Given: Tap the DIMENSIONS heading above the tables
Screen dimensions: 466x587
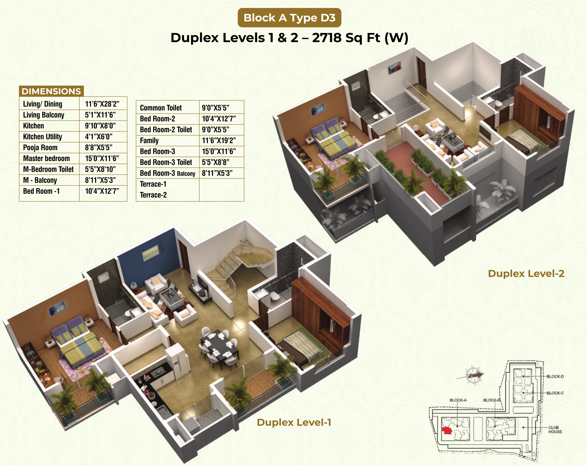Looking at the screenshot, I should [x=51, y=91].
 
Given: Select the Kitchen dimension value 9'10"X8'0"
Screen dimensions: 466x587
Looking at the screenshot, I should [x=100, y=126].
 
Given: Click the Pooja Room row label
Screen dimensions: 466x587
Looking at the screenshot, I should [x=40, y=147].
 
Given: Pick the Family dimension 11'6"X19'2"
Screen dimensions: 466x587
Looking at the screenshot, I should [x=219, y=140].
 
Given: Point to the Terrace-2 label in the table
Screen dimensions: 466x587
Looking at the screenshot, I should [x=153, y=195].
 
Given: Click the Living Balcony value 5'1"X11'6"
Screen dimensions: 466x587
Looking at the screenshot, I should [x=100, y=115].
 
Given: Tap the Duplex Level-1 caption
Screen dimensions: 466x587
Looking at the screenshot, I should [x=294, y=422].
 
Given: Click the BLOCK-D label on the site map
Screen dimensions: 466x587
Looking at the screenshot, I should [x=555, y=376].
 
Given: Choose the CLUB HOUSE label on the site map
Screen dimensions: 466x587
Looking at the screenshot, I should [x=555, y=430].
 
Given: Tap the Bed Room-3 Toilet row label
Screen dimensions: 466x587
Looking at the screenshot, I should [x=166, y=162].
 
